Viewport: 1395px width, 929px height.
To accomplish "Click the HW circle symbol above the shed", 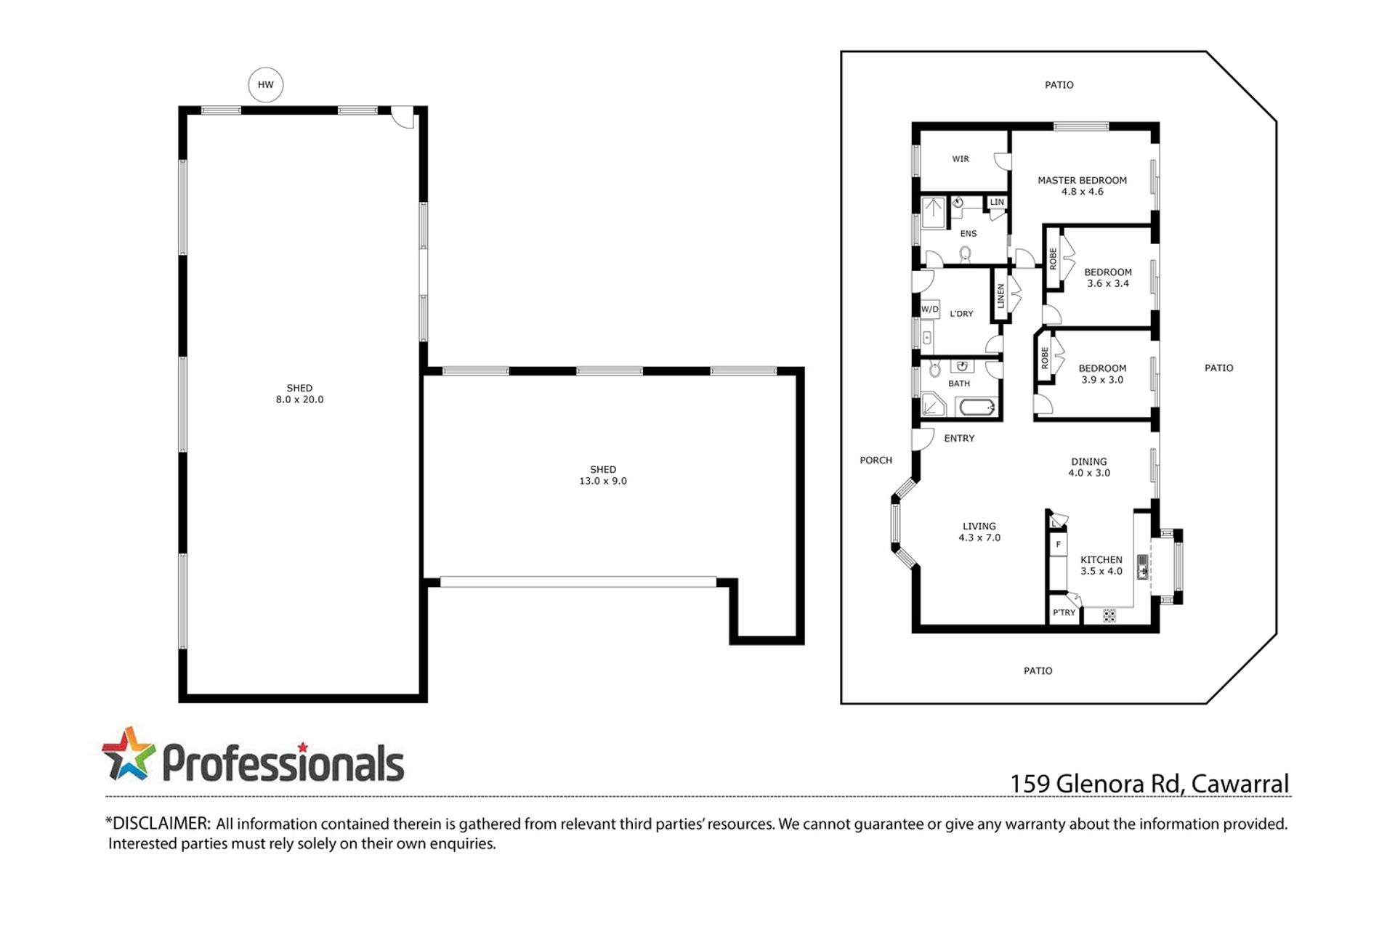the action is point(266,84).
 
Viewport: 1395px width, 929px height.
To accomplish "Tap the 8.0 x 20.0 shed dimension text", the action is point(299,399).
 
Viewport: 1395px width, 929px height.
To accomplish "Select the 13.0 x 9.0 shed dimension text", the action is point(603,481).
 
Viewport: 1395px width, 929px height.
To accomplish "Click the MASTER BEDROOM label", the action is point(1082,180).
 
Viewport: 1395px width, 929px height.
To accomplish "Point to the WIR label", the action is point(961,159).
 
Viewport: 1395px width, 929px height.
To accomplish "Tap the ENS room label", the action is point(969,234).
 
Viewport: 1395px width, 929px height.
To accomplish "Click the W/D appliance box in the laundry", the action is point(930,309).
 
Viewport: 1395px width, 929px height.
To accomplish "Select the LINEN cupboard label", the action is point(1000,296).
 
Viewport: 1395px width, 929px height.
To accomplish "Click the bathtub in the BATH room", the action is point(977,407).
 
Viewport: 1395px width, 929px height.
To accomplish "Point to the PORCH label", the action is point(876,461).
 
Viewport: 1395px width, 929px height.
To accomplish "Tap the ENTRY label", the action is point(959,439).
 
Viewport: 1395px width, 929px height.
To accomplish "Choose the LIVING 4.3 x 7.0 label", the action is point(979,532).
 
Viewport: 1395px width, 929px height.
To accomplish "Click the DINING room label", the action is point(1089,461).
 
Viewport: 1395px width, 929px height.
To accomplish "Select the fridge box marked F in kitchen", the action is point(1058,545).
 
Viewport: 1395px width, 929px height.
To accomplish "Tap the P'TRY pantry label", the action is point(1064,612).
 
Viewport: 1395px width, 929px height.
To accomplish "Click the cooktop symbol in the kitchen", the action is point(1109,616).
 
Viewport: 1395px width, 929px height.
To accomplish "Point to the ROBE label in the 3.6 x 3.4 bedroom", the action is point(1053,259).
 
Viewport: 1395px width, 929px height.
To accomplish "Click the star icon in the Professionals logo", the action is point(129,753).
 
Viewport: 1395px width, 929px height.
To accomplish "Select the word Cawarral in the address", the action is point(1240,784).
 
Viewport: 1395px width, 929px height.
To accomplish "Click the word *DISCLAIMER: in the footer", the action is point(158,824).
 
